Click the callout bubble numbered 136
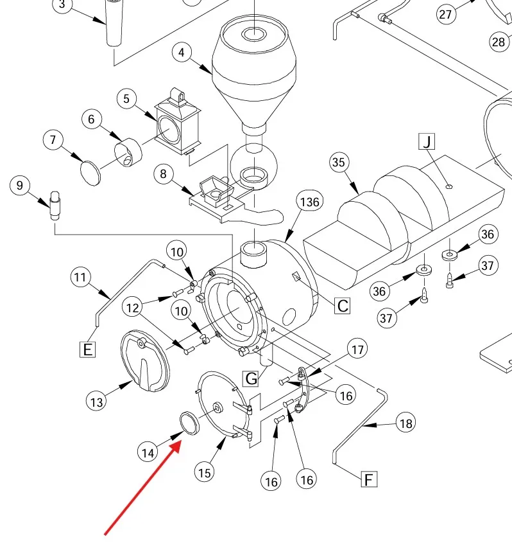(310, 202)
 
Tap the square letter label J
(427, 141)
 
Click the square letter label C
(343, 306)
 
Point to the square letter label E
(87, 350)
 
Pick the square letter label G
(251, 378)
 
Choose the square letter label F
(368, 479)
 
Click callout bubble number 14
(148, 452)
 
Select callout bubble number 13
(97, 402)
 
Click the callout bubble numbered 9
(21, 186)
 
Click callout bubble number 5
(127, 98)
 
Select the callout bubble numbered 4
(182, 52)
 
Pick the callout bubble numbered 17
(357, 350)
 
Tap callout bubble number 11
(80, 278)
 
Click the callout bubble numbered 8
(164, 173)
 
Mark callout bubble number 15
(204, 473)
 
